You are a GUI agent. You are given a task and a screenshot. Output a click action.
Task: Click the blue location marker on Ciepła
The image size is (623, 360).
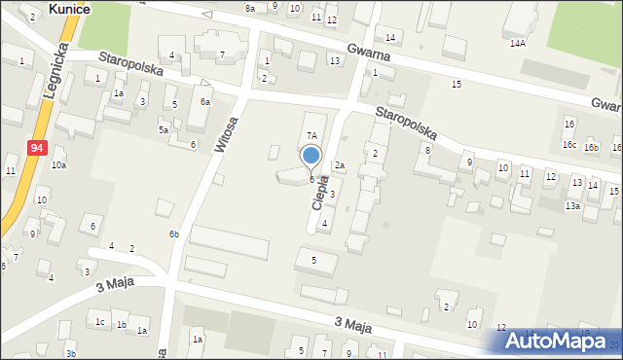[x=311, y=156]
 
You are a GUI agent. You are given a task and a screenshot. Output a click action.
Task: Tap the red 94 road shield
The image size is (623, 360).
[x=36, y=147]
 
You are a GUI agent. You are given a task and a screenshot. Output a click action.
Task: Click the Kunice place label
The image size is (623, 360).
[x=69, y=8]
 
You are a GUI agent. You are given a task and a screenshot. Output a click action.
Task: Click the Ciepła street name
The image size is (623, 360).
[x=318, y=191]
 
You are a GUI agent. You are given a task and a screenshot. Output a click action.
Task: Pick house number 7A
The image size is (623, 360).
[x=311, y=136]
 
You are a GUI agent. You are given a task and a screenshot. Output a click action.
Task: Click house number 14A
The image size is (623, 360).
[x=517, y=44]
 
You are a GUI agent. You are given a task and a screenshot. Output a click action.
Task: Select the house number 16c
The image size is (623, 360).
[x=568, y=145]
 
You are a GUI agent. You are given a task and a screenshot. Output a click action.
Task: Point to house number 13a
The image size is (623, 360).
[x=573, y=205]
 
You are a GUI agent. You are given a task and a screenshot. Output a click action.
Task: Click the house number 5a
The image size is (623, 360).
[x=164, y=129]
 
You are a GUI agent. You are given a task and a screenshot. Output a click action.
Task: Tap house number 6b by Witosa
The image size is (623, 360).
[x=173, y=234]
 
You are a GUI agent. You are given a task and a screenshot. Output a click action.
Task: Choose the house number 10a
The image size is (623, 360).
[x=59, y=165]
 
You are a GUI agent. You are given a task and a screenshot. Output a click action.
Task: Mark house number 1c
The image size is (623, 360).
[x=99, y=321]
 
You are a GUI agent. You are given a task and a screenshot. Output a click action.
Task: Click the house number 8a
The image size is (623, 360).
[x=250, y=9]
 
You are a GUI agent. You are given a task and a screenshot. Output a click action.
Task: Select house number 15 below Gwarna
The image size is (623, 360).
[x=457, y=85]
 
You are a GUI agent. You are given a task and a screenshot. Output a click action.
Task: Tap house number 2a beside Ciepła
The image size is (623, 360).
[x=340, y=165]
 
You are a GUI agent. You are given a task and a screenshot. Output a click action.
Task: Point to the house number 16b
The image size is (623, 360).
[x=591, y=146]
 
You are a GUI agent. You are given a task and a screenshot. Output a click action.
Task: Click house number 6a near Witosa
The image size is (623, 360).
[x=205, y=102]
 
